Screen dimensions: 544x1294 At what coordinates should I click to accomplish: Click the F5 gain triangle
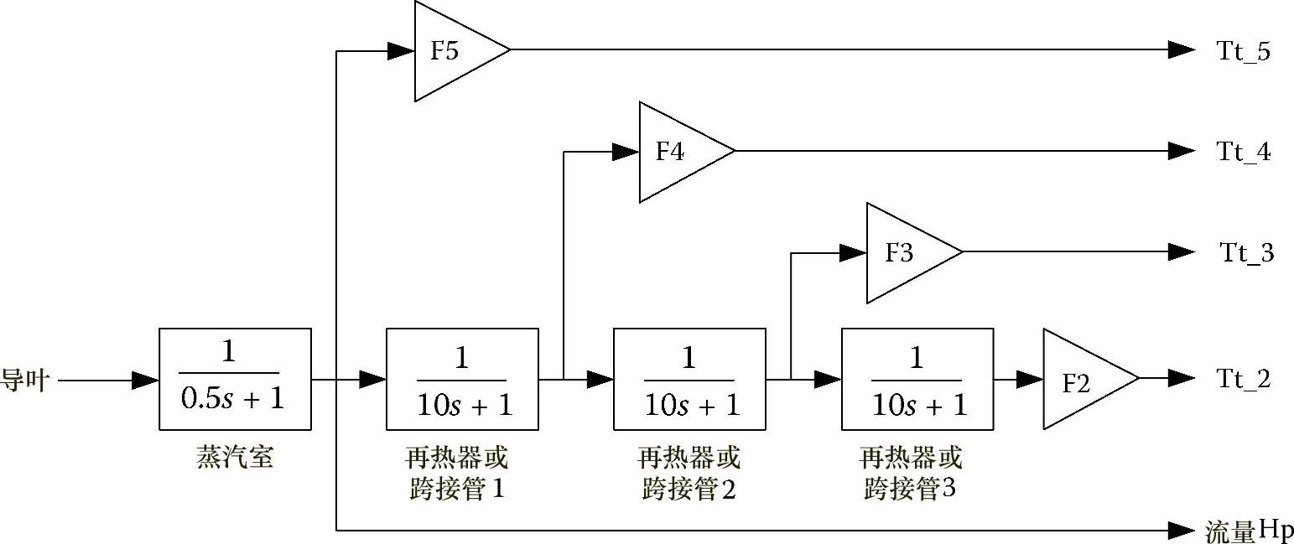click(x=453, y=50)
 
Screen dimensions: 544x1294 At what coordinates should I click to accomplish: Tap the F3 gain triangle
click(x=905, y=252)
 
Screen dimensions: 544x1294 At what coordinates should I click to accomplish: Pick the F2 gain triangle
click(x=1082, y=380)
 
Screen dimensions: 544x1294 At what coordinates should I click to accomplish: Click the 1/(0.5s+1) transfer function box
click(x=235, y=379)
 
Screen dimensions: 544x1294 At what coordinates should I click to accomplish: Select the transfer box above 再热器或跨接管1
click(x=461, y=379)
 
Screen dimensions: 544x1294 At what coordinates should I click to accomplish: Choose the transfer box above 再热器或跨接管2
click(x=689, y=379)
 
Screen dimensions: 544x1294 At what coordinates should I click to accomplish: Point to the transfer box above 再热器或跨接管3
click(x=917, y=379)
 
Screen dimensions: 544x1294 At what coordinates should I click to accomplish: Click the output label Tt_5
click(x=1244, y=52)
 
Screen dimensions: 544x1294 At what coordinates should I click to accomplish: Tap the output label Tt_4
click(x=1244, y=153)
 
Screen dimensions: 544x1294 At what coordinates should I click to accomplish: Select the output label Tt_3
click(x=1246, y=253)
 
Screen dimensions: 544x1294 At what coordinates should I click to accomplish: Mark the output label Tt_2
click(x=1244, y=380)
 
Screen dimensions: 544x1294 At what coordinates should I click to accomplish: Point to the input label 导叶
click(x=25, y=381)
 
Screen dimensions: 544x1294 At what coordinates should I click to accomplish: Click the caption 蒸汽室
click(x=235, y=458)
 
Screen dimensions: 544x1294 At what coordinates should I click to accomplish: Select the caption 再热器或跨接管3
click(x=911, y=474)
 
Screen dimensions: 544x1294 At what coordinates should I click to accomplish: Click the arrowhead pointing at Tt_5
click(x=1182, y=50)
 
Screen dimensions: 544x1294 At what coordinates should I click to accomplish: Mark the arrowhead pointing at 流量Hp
click(x=1182, y=530)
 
